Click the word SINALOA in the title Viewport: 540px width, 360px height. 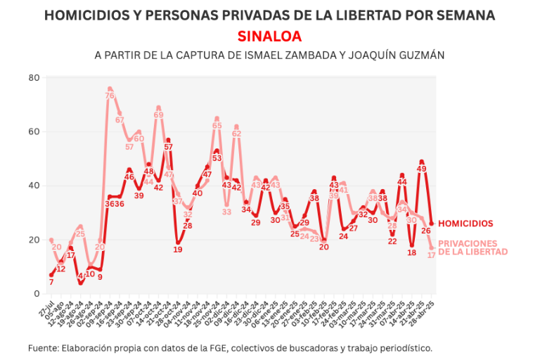(x=269, y=36)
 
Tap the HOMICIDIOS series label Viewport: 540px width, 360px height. (x=465, y=224)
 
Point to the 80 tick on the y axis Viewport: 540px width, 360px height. (x=33, y=77)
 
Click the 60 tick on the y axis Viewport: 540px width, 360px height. (x=33, y=131)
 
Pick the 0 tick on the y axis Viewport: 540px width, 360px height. (x=36, y=294)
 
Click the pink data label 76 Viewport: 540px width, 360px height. (x=110, y=96)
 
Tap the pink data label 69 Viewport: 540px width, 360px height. (x=158, y=115)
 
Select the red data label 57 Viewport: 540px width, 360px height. (x=168, y=147)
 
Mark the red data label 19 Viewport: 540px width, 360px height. (x=178, y=249)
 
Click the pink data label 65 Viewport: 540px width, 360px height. (x=217, y=126)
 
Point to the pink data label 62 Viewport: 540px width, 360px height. (x=236, y=134)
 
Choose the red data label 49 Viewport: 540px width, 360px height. (x=422, y=169)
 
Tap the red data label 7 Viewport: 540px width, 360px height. (x=51, y=282)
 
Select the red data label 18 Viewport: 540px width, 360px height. (x=412, y=252)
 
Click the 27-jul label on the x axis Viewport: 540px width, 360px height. (x=43, y=309)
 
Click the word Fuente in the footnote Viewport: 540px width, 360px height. (x=44, y=347)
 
